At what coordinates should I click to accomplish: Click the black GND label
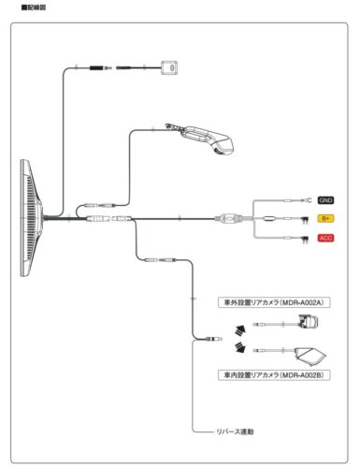click(325, 200)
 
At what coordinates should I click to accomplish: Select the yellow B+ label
click(325, 219)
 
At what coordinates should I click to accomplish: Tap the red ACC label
click(325, 238)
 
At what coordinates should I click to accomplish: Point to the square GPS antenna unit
click(169, 68)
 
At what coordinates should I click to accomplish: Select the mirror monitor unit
click(31, 218)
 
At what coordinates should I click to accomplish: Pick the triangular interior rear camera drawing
click(308, 355)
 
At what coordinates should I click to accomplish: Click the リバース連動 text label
click(235, 431)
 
